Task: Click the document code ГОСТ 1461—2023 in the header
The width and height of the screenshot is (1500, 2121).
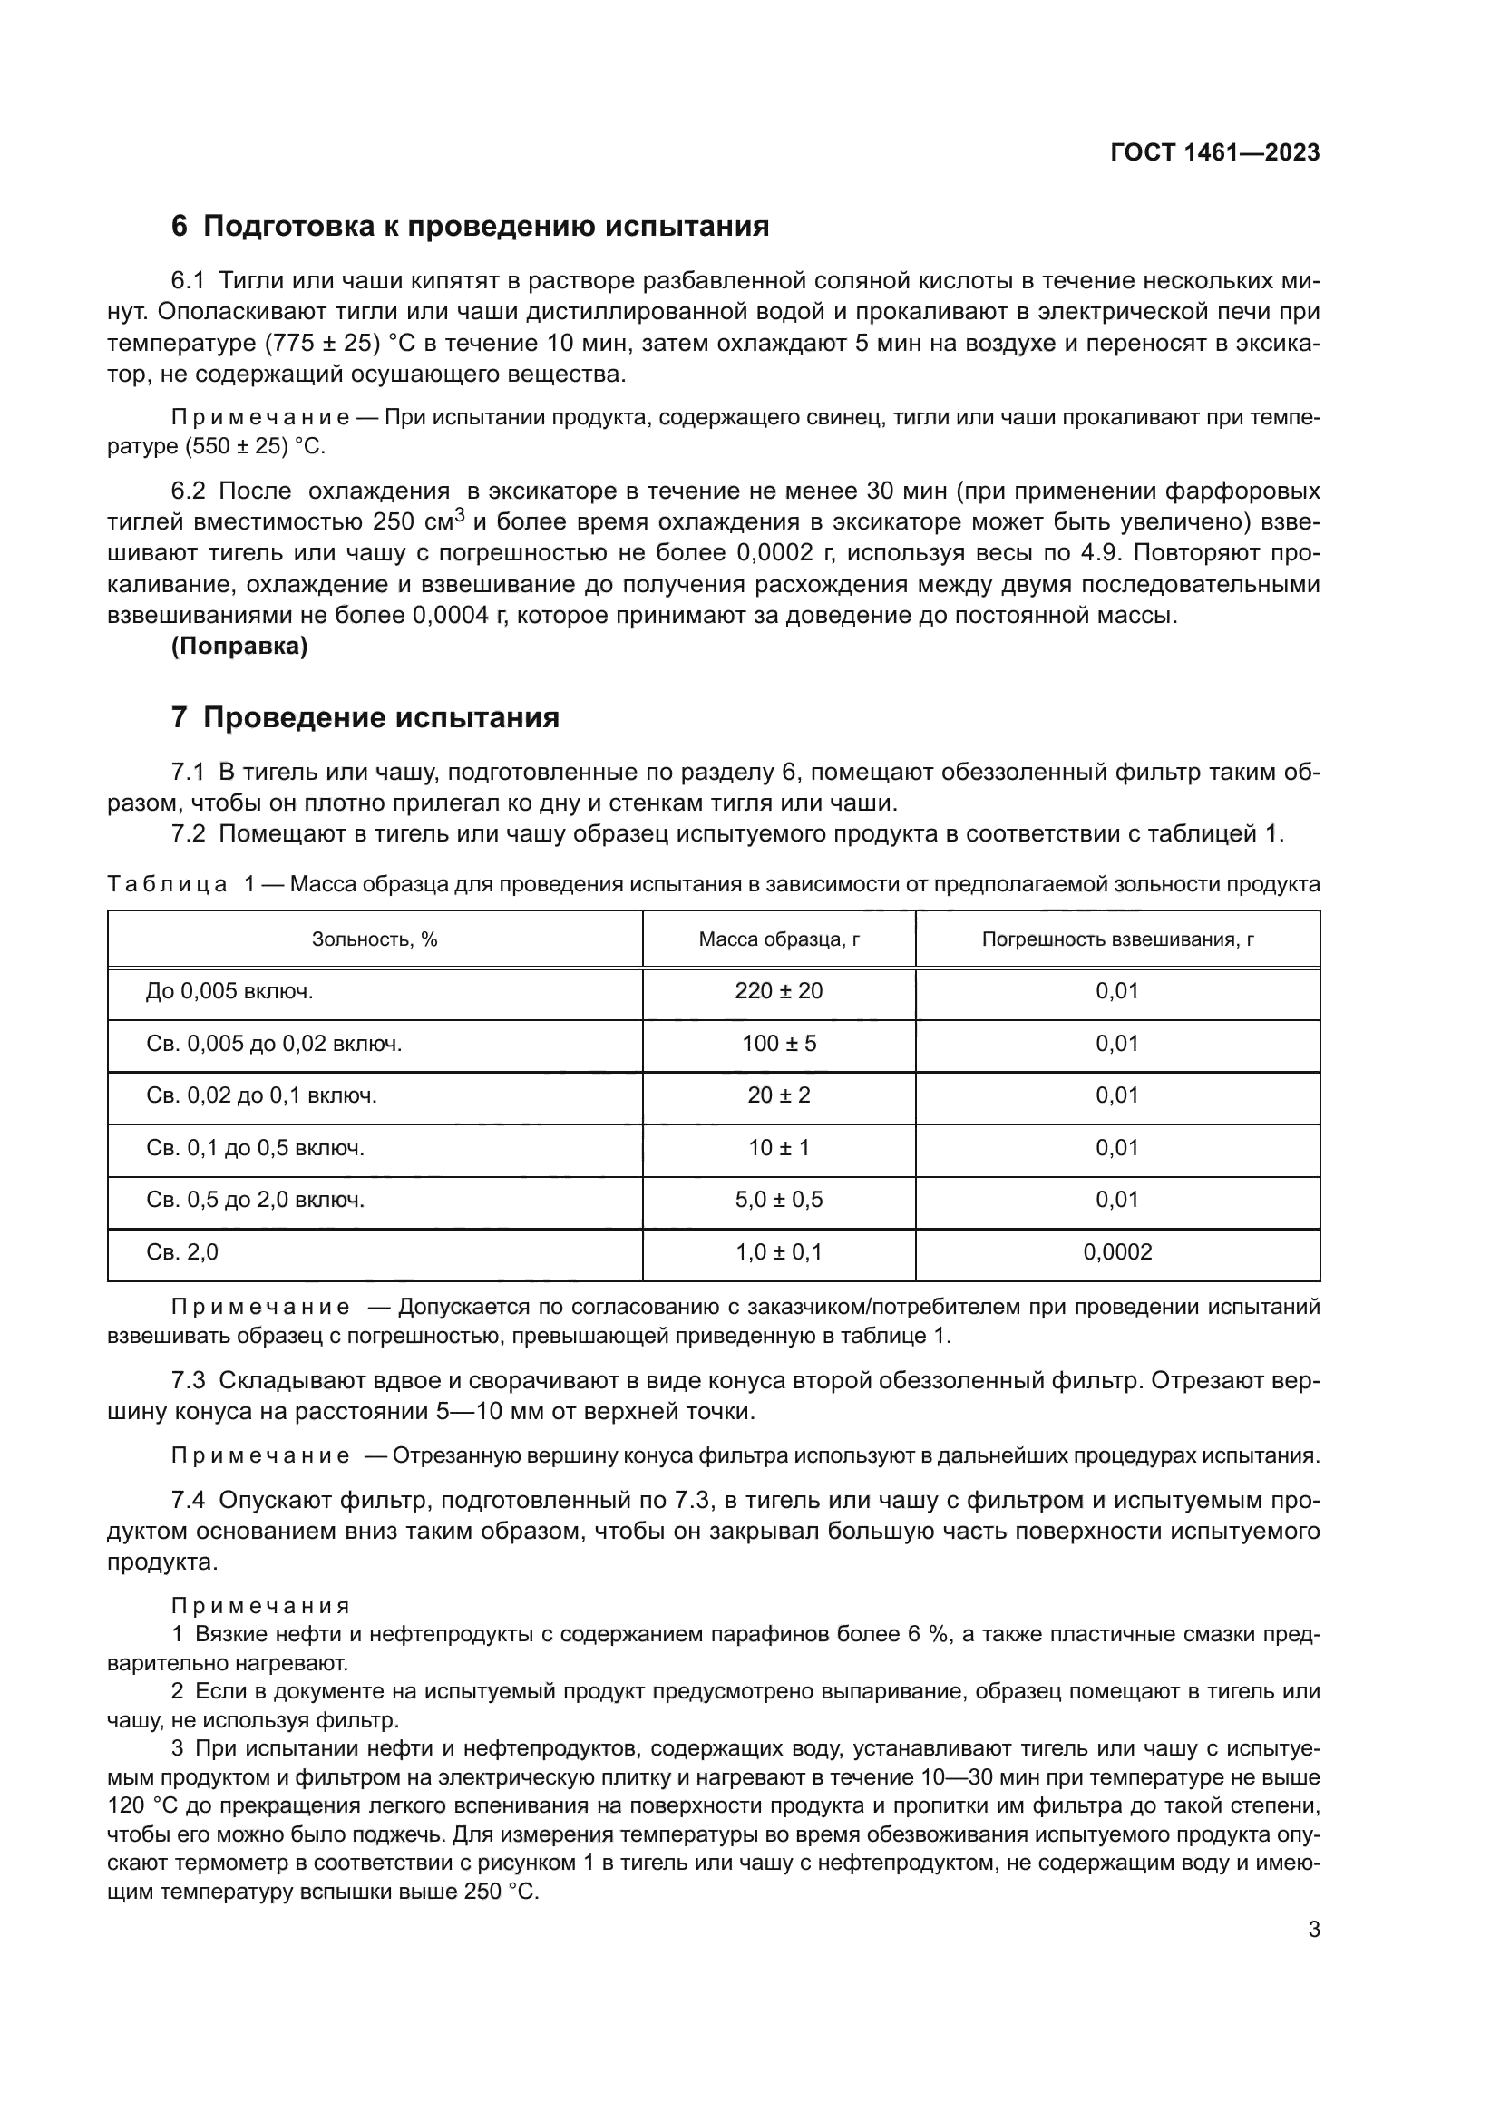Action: [1214, 152]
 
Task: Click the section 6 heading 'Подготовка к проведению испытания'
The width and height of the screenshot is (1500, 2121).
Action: [470, 226]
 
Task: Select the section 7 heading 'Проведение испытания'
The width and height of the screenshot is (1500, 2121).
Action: [365, 717]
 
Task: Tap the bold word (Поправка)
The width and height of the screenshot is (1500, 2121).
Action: [239, 646]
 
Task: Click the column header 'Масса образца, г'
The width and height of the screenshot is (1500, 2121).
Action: [779, 939]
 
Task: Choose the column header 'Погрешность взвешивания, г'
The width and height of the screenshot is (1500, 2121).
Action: [1117, 939]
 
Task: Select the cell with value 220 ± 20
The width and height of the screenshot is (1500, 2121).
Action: [779, 991]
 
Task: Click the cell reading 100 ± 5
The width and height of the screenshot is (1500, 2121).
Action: [779, 1044]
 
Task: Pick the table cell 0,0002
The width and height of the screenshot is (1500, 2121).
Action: [1117, 1252]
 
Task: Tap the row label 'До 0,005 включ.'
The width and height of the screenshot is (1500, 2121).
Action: [229, 991]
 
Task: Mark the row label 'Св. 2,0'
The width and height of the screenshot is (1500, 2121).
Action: [182, 1252]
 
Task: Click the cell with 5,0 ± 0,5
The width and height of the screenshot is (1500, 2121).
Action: [779, 1200]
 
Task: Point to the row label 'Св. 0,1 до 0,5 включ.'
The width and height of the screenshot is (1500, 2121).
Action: [255, 1148]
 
